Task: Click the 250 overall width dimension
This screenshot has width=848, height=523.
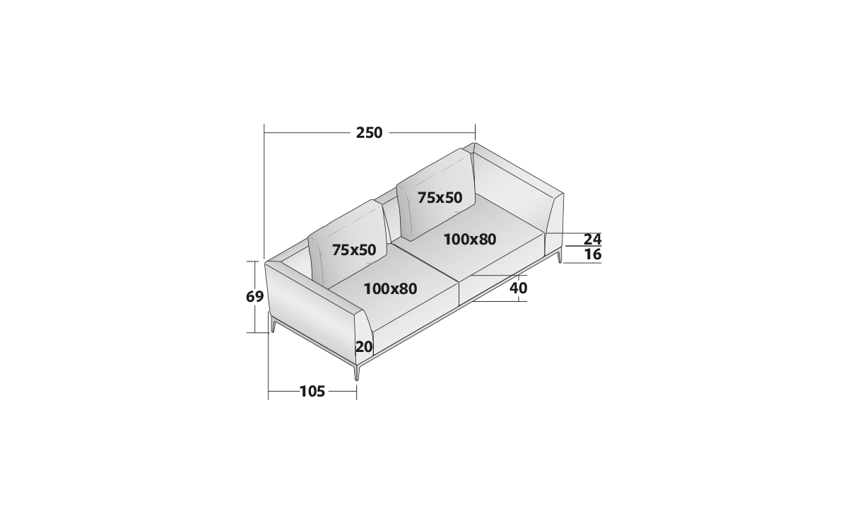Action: click(x=369, y=133)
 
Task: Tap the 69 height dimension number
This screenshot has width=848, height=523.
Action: click(x=255, y=297)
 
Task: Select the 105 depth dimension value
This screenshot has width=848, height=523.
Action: click(x=312, y=392)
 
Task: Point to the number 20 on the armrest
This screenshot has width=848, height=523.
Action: click(x=364, y=346)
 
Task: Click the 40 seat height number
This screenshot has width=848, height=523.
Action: click(x=518, y=288)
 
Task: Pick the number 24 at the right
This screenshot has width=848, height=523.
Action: click(x=592, y=240)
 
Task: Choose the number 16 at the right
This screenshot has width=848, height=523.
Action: click(x=593, y=254)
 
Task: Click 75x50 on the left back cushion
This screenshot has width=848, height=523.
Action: click(x=354, y=250)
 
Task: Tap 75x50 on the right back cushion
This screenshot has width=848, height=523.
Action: click(x=440, y=198)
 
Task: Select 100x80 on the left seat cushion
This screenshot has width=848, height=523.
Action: click(x=390, y=289)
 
